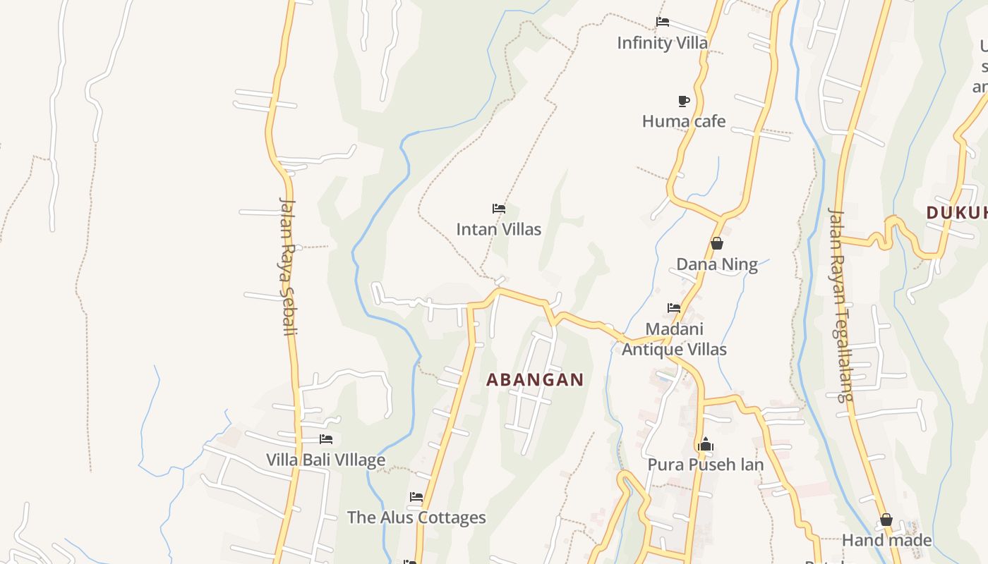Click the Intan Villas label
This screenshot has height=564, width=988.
498,229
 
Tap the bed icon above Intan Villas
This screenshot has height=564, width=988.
499,209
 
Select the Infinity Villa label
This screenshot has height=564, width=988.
662,43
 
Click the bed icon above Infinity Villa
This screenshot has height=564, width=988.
662,22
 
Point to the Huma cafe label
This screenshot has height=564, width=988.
683,121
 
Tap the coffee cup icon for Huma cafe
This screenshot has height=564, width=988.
683,101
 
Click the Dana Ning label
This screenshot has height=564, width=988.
716,264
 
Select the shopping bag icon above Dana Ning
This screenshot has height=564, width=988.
717,244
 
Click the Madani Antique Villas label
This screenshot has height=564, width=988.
674,339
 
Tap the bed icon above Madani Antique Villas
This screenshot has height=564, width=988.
674,308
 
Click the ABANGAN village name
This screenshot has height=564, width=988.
535,379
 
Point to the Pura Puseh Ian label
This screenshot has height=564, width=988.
705,465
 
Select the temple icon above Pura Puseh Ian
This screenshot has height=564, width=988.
705,445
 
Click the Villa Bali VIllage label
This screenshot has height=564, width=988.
325,460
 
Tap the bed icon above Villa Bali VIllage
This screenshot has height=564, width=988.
326,439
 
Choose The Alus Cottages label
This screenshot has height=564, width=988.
416,517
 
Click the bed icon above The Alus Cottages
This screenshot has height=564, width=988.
416,498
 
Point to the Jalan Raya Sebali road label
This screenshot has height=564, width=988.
287,266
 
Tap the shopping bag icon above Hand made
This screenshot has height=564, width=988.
886,520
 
